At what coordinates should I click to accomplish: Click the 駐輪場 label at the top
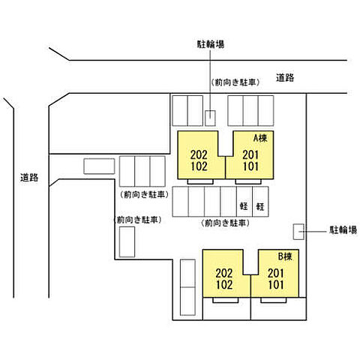coord(211,44)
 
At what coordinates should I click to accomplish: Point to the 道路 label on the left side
coord(29,178)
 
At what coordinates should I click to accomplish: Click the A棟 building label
coord(259,138)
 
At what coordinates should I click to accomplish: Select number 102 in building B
coord(223,285)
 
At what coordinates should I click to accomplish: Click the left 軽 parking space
coord(244,206)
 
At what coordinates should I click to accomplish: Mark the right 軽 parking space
coord(260,206)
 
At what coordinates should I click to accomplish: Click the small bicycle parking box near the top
coord(211,118)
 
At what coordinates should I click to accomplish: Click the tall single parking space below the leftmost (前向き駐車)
coord(127,243)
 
